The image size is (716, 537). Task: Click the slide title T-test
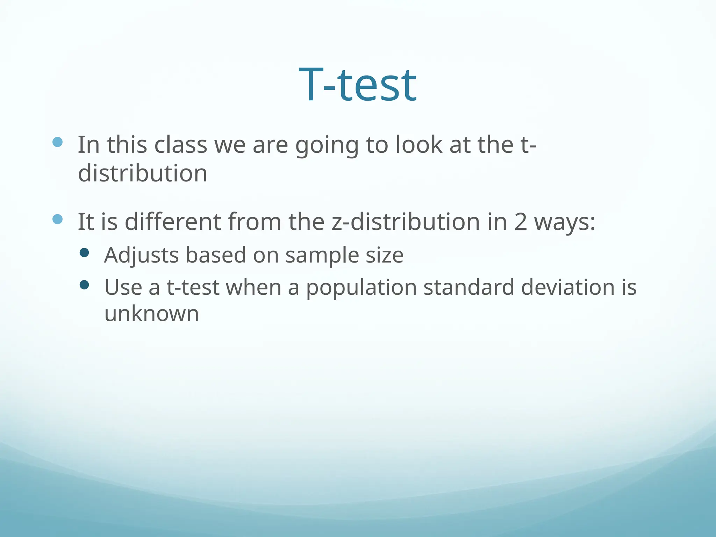[358, 85]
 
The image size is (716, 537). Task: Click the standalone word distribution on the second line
[143, 173]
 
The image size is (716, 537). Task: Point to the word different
[173, 222]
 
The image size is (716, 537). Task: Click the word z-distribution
[406, 222]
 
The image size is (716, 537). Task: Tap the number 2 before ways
[520, 222]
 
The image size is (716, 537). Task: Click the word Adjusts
[142, 255]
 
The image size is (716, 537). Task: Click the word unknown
[152, 314]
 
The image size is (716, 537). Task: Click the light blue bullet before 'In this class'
[57, 142]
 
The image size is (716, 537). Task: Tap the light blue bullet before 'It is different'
[57, 219]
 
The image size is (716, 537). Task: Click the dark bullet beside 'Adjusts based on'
[84, 253]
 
